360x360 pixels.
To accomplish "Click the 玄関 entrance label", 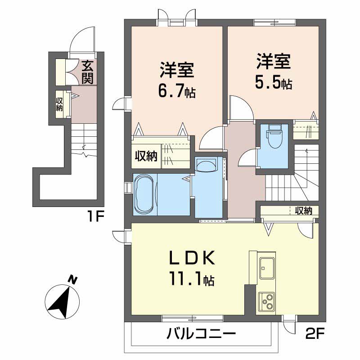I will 88,72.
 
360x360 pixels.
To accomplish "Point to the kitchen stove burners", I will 267,301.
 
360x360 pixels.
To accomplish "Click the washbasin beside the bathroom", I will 207,165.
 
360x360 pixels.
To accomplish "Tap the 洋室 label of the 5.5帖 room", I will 273,61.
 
